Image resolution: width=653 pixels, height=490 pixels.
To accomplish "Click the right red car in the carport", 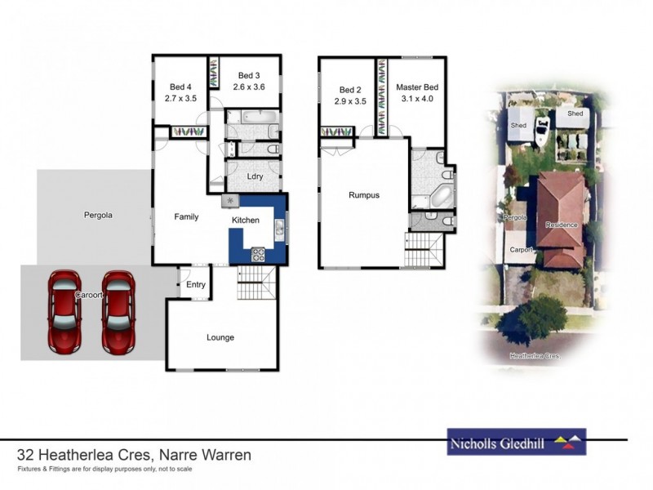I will (118, 312).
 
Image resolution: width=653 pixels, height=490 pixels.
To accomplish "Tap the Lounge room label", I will (220, 337).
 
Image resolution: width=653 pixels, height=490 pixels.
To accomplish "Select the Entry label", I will (196, 284).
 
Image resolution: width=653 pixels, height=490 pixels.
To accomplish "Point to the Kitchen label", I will (245, 220).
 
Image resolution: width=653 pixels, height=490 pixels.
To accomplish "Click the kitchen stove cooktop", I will (259, 254).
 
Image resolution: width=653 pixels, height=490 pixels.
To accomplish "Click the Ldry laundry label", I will (254, 177).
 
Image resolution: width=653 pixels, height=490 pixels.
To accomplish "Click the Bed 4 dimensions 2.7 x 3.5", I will (180, 98).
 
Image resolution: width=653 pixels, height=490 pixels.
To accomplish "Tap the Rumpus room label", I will (364, 195).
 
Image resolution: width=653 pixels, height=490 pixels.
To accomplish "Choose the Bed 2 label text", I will (350, 89).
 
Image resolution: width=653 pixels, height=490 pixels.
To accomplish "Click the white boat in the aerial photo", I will (541, 131).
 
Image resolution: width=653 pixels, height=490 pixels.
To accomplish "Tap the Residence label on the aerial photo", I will (562, 225).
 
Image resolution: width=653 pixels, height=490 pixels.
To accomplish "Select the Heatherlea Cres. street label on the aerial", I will (535, 356).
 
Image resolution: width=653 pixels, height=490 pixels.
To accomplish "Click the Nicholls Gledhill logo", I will (516, 442).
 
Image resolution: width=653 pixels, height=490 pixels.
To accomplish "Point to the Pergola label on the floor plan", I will (98, 216).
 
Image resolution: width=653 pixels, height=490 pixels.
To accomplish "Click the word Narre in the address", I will (180, 455).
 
